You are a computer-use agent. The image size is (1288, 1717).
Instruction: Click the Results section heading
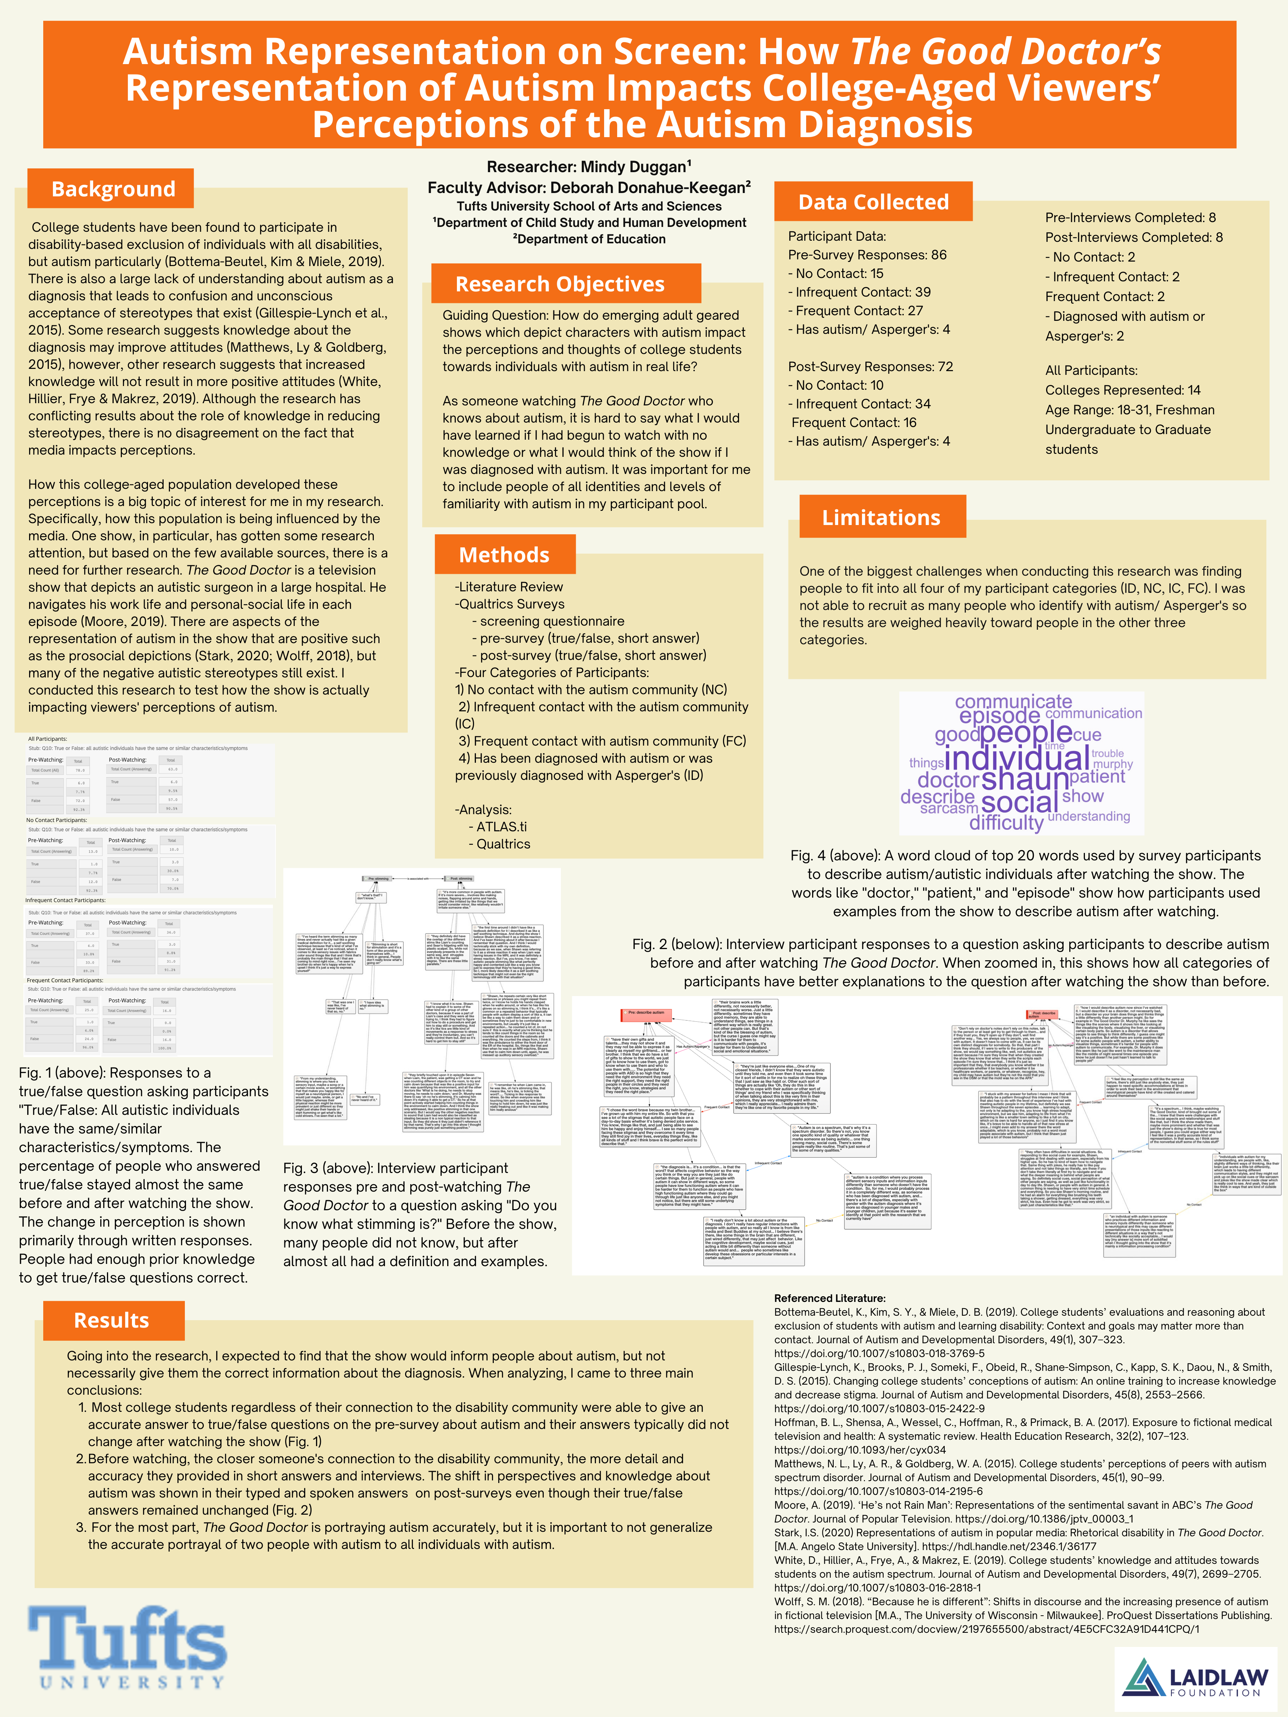(x=111, y=1320)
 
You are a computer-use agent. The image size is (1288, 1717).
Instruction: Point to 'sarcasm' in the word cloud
(x=949, y=808)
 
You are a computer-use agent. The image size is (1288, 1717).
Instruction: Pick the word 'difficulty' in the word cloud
(x=1006, y=823)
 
